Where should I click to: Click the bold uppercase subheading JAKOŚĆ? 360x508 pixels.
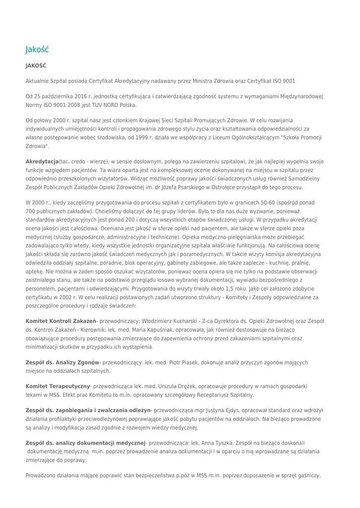coord(36,65)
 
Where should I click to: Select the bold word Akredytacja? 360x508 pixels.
coord(42,162)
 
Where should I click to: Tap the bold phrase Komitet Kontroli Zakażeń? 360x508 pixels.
coord(61,321)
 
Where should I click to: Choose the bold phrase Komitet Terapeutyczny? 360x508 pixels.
coord(58,386)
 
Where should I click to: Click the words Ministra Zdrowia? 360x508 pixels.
coord(211,81)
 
